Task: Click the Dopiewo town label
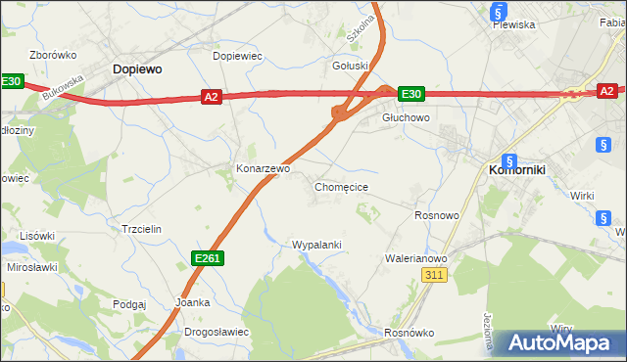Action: pos(137,69)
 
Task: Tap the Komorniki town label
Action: pos(515,169)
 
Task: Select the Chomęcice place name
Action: pos(341,186)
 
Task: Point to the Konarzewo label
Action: pos(263,168)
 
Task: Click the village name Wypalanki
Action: pos(316,244)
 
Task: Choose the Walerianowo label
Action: pos(416,258)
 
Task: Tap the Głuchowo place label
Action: pos(406,116)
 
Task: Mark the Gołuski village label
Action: pos(351,66)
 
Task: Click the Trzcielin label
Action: pos(140,228)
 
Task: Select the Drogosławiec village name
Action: pos(216,332)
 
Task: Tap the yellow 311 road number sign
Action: pos(436,276)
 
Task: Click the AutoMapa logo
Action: pos(559,342)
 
